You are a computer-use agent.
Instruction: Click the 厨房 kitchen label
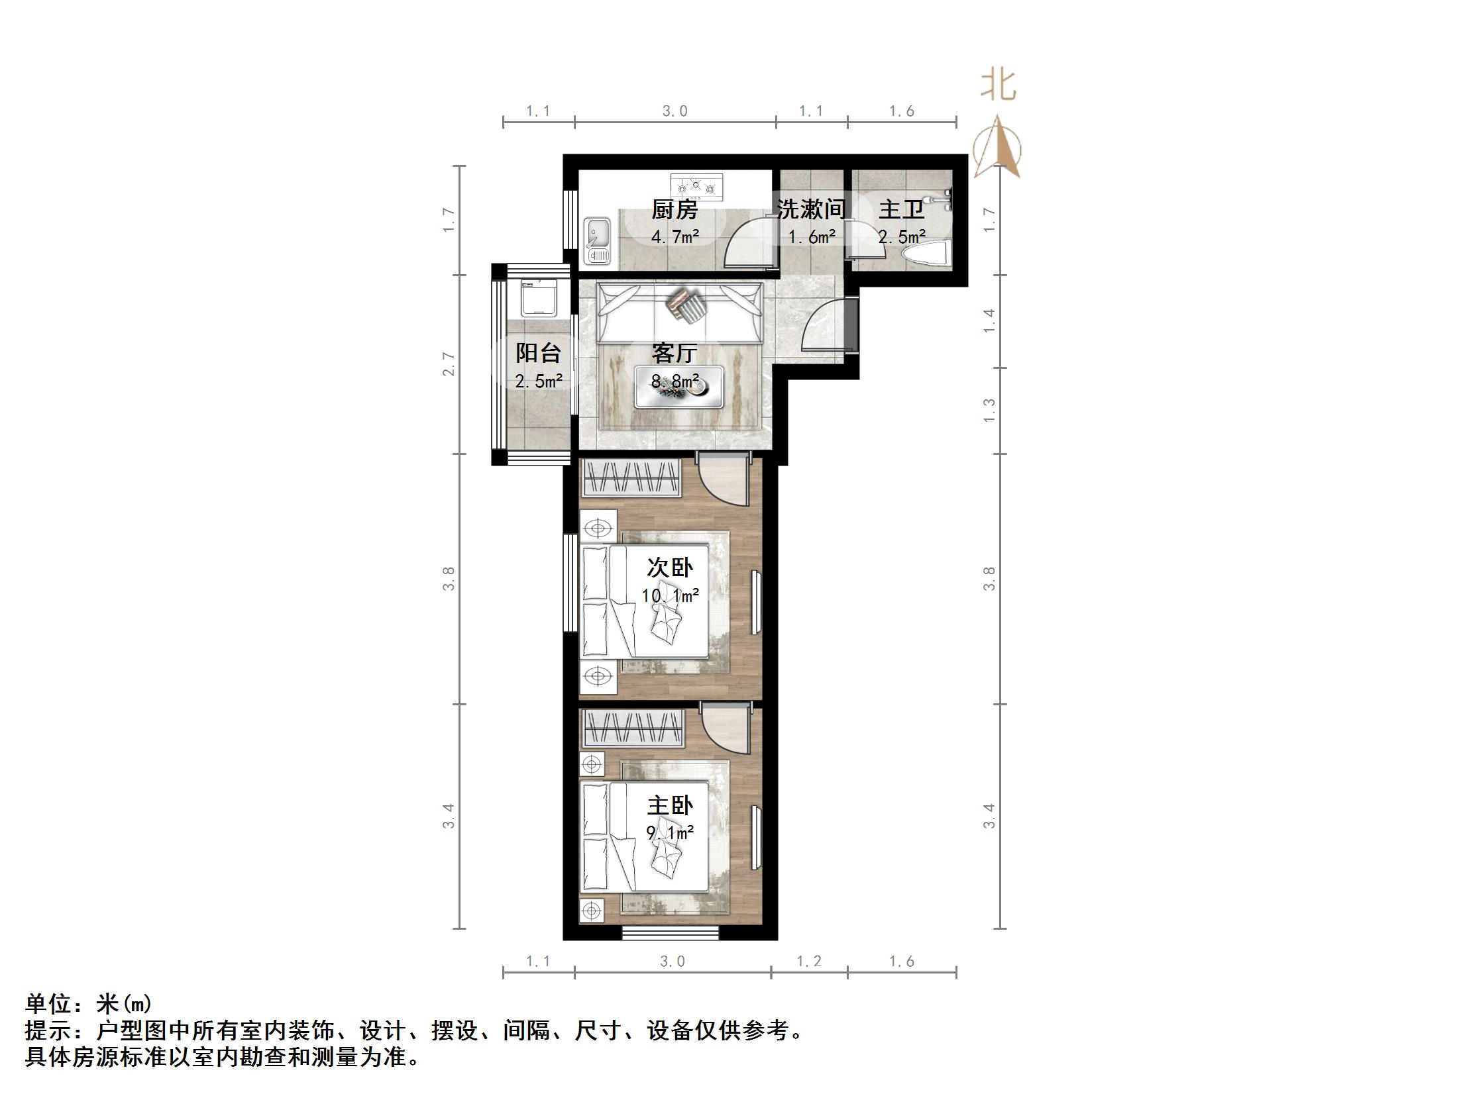675,210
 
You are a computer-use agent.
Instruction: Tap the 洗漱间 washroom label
811,209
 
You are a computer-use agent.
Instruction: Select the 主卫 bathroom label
901,209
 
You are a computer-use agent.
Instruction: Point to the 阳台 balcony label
538,352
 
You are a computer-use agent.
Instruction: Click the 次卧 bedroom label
670,568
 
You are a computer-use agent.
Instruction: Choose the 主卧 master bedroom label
670,805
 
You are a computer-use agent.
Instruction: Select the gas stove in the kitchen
695,186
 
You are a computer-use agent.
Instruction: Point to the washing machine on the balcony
538,298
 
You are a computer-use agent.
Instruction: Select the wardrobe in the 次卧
631,477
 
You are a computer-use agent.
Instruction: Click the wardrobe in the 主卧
631,727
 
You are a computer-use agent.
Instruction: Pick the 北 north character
998,86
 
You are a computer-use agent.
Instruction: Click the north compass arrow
998,147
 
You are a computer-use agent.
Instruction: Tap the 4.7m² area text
675,236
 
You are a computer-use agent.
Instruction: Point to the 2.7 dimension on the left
450,364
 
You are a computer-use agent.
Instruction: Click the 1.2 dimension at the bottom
808,961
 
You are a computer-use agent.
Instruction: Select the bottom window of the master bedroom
671,933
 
